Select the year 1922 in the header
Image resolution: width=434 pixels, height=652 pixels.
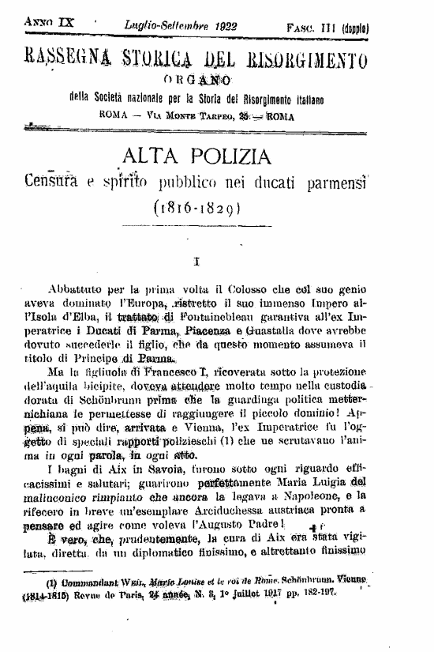coord(226,27)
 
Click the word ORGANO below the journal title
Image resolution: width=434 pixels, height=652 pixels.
coord(197,79)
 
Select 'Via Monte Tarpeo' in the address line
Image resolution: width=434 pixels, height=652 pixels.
coord(174,114)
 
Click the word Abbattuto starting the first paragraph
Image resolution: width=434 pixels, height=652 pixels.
coord(76,289)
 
